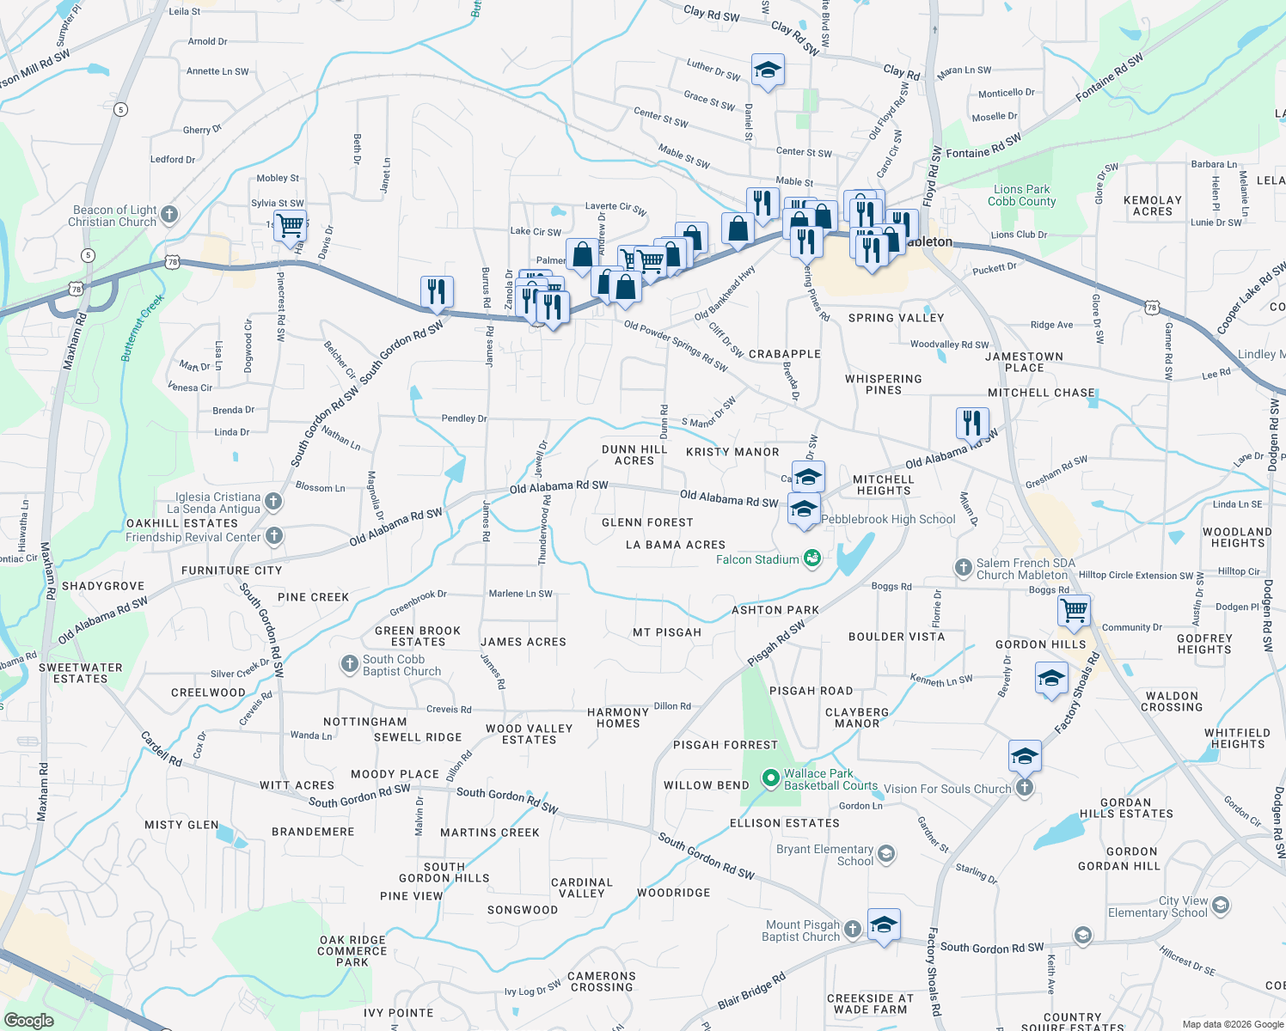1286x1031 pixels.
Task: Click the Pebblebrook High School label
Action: click(888, 519)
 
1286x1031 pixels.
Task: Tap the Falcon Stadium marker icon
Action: click(812, 559)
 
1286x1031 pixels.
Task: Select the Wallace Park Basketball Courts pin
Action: click(770, 779)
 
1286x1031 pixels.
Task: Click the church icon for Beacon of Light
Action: click(169, 214)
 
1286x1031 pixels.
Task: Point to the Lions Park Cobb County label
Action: click(1021, 195)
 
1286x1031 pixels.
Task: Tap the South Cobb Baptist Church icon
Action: click(349, 663)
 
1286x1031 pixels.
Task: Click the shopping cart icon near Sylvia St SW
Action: click(291, 226)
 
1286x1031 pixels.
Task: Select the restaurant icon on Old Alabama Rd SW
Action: click(972, 423)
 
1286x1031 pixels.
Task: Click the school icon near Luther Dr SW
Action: click(767, 70)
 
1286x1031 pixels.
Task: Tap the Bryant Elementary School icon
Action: click(886, 854)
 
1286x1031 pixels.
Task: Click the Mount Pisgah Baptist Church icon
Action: click(852, 929)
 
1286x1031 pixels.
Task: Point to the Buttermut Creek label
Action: click(142, 327)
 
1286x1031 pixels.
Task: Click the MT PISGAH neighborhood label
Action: click(667, 632)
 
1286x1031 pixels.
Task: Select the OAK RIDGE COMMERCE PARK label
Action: click(352, 951)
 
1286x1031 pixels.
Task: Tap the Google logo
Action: click(28, 1021)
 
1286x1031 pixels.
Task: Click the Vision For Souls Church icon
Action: click(1024, 788)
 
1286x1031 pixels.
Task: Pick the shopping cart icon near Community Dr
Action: click(1075, 610)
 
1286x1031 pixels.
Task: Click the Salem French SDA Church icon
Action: click(964, 567)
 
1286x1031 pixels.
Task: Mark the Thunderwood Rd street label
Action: click(543, 529)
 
